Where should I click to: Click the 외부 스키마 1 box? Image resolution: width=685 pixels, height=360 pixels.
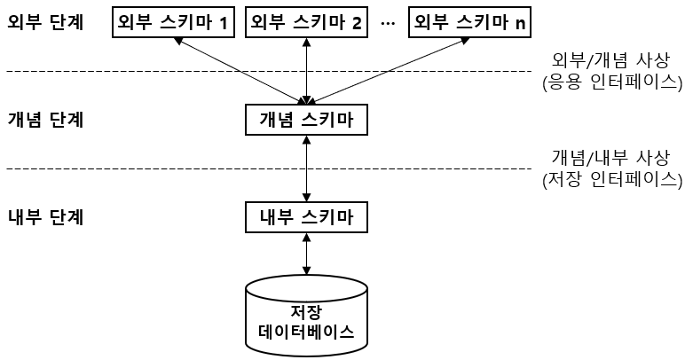tap(173, 23)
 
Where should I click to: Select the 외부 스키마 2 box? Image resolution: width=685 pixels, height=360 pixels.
tap(306, 23)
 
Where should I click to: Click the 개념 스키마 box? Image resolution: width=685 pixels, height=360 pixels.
tap(306, 120)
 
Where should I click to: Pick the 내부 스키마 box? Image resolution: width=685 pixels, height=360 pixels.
tap(306, 217)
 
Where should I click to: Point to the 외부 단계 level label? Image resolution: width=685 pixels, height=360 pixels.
tap(44, 23)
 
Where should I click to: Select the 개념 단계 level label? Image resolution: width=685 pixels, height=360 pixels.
tap(44, 120)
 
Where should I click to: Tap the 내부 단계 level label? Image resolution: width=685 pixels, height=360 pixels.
tap(44, 217)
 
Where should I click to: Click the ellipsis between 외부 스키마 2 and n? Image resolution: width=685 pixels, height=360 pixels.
tap(387, 24)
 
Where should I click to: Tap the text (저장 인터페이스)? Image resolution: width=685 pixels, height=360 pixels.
tap(611, 179)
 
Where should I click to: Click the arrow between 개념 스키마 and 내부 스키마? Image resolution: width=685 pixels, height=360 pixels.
tap(306, 168)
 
